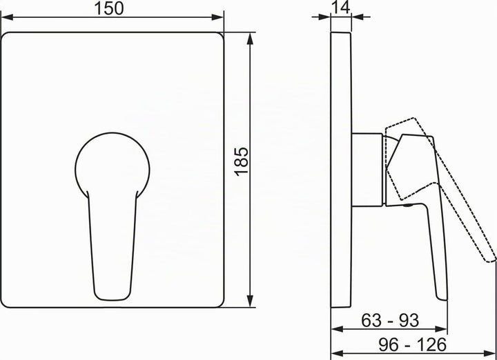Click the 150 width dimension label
[x=109, y=8]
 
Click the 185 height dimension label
[x=241, y=161]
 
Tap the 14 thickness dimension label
[x=341, y=7]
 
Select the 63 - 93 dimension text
[x=390, y=321]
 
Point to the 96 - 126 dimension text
[x=412, y=345]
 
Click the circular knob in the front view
[x=113, y=166]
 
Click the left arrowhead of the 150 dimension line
[x=8, y=17]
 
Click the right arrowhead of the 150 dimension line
[x=217, y=17]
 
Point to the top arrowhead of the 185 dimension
[x=250, y=39]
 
